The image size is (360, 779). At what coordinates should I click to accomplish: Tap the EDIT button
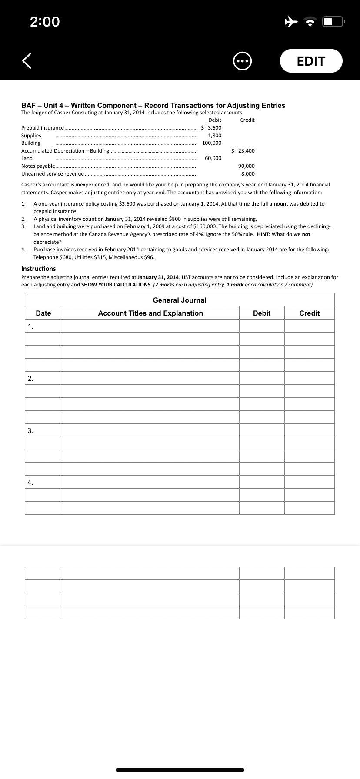pos(311,61)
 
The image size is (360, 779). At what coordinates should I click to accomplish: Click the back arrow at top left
pos(27,61)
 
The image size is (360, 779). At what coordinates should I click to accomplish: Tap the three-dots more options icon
pos(243,61)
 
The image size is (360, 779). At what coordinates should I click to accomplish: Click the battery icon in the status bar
pos(333,21)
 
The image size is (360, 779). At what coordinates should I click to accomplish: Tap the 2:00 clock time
pos(45,21)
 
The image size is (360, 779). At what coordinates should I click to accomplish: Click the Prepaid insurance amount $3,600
pos(211,128)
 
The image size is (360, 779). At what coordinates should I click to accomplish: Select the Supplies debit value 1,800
pos(214,136)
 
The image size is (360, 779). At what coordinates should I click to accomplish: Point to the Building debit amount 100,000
pos(212,143)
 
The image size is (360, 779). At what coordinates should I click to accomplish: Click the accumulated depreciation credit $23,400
pos(243,151)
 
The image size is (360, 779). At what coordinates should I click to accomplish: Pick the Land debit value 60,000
pos(213,158)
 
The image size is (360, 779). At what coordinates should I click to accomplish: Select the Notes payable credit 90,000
pos(247,166)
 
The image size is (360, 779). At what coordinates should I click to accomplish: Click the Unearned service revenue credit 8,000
pos(248,174)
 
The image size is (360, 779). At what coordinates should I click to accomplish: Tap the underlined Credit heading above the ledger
pos(247,120)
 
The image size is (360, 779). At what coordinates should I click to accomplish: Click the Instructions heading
pos(39,269)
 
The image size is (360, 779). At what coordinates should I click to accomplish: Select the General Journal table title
pos(180,300)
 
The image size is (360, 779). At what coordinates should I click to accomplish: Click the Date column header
pos(43,313)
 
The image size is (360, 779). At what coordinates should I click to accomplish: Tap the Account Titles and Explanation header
pos(150,313)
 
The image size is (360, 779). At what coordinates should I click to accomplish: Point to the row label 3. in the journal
pos(30,430)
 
